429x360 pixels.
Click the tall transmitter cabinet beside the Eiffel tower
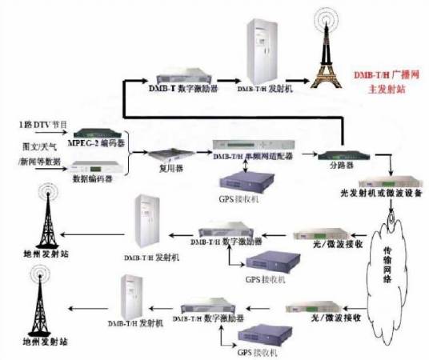[264, 46]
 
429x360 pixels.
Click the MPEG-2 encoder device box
[100, 133]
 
